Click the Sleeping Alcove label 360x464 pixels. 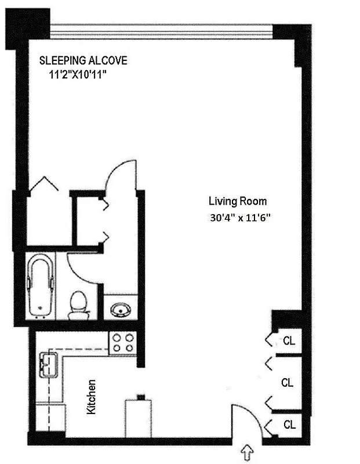coord(83,60)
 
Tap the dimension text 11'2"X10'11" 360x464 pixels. coord(79,75)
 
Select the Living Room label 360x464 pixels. coord(238,201)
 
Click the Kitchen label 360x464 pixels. coord(90,397)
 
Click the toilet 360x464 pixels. coord(78,304)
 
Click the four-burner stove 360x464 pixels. coord(122,342)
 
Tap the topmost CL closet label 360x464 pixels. coord(289,341)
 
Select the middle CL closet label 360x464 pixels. coord(287,383)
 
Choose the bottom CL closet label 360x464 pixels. coord(289,425)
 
